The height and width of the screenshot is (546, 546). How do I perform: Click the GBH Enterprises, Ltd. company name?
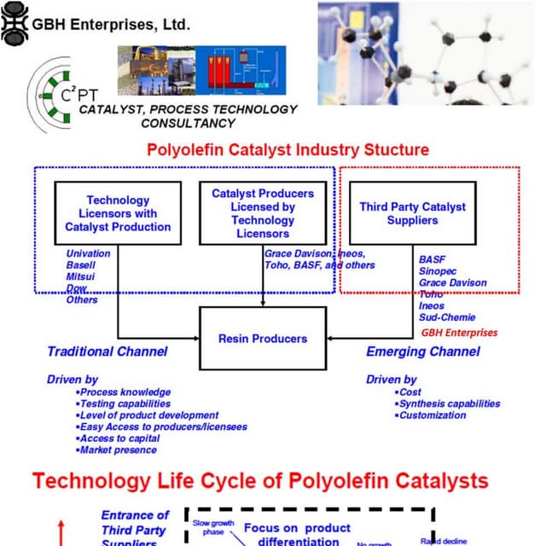(x=111, y=23)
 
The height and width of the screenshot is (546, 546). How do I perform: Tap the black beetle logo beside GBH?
(x=15, y=23)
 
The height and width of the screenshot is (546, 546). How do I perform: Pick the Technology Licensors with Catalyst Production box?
(x=118, y=213)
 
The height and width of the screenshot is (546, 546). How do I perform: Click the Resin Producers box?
(x=262, y=338)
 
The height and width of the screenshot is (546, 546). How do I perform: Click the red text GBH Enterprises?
(x=459, y=332)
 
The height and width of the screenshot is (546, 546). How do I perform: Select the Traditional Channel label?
(x=107, y=351)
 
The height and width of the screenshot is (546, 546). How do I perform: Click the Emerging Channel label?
(x=423, y=351)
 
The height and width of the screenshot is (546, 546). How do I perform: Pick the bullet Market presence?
(x=119, y=450)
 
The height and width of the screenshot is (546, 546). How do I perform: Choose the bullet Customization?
(x=434, y=415)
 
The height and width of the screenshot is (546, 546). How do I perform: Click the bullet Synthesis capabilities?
(x=450, y=404)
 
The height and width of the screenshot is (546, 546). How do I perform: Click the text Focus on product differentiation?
(x=298, y=535)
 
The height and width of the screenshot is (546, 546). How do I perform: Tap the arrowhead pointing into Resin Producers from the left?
(x=195, y=338)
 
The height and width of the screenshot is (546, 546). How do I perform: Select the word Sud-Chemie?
(x=448, y=317)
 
